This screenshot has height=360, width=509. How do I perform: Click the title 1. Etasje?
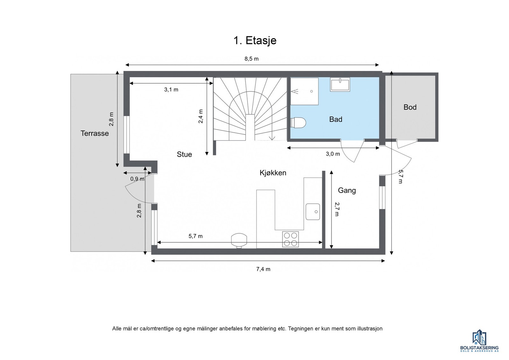[x=255, y=40]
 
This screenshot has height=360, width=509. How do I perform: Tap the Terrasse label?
[x=94, y=133]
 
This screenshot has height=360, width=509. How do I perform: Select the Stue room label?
[x=184, y=155]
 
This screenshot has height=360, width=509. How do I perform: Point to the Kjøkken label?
[x=273, y=173]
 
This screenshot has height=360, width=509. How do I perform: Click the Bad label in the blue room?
[x=336, y=119]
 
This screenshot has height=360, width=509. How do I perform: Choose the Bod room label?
[x=410, y=107]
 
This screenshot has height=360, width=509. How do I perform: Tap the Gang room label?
[x=347, y=190]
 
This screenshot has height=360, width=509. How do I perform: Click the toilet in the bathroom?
[x=298, y=123]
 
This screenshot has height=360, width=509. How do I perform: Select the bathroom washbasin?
[x=340, y=85]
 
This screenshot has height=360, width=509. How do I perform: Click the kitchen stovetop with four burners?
[x=290, y=239]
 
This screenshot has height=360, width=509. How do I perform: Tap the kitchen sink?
[x=313, y=212]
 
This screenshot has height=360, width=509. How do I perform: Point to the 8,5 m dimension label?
[x=252, y=59]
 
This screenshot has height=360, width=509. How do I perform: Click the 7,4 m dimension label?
[x=263, y=269]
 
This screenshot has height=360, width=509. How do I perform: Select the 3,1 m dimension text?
[x=171, y=89]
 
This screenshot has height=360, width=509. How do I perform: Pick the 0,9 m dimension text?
[x=137, y=179]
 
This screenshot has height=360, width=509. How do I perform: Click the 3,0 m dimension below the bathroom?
[x=333, y=154]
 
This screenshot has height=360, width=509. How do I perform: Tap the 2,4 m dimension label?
[x=201, y=116]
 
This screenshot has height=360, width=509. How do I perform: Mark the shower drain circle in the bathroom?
[x=311, y=91]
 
